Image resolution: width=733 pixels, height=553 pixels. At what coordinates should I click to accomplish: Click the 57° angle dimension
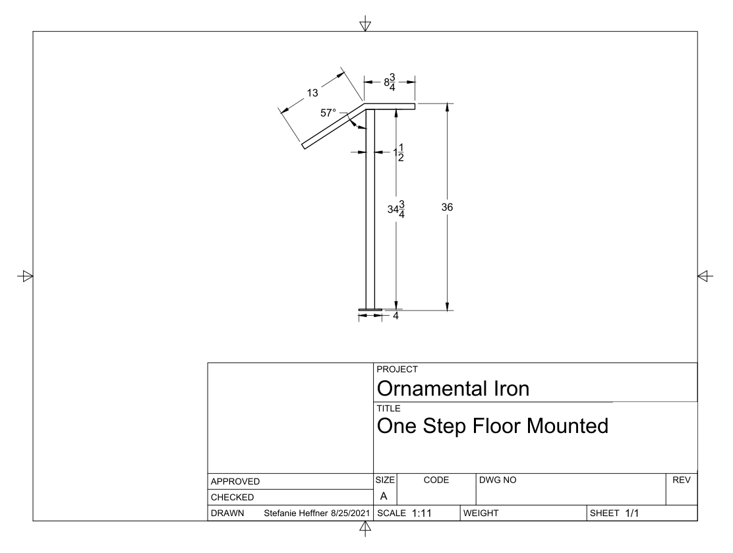[328, 113]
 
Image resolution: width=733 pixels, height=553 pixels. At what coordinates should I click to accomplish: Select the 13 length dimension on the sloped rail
[312, 93]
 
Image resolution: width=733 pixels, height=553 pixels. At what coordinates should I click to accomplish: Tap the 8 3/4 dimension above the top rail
[390, 82]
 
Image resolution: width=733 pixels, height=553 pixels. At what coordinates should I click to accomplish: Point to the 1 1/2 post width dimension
[399, 153]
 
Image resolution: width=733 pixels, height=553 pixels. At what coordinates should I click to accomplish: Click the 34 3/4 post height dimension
[396, 210]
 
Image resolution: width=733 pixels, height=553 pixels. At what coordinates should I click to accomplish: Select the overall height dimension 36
[447, 207]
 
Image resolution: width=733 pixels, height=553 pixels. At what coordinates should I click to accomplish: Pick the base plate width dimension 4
[396, 316]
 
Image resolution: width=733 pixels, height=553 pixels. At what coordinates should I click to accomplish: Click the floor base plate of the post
[370, 309]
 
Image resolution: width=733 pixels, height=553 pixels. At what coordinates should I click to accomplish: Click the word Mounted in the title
[568, 426]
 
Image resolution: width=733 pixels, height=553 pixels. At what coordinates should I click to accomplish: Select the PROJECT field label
[397, 369]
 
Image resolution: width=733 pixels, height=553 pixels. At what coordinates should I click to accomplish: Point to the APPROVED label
[235, 481]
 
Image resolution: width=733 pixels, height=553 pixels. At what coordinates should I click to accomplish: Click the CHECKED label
[232, 498]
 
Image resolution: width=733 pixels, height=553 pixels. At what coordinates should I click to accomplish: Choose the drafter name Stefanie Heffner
[295, 513]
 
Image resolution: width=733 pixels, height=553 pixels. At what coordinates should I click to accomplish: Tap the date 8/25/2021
[350, 513]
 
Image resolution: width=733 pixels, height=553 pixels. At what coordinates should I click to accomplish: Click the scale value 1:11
[422, 513]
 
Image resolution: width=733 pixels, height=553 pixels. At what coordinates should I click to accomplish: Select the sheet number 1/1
[632, 513]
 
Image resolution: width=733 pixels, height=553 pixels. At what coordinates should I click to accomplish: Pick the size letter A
[384, 496]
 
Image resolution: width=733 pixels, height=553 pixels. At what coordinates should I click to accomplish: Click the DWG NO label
[498, 480]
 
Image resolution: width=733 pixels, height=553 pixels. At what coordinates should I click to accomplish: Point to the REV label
[682, 480]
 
